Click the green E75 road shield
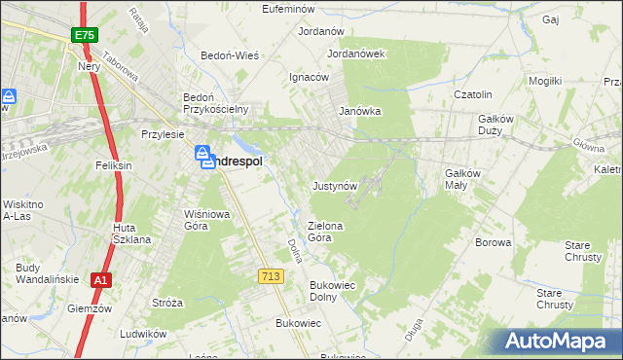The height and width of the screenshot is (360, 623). (x=84, y=35)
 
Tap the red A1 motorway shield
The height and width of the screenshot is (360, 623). (x=99, y=280)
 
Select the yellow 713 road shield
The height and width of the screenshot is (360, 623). (x=271, y=277)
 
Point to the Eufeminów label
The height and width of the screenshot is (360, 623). (x=292, y=9)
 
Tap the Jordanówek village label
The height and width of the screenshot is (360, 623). (x=357, y=54)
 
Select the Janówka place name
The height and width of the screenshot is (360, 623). (x=359, y=111)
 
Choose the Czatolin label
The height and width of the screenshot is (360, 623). (x=477, y=94)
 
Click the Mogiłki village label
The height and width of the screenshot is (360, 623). (x=545, y=81)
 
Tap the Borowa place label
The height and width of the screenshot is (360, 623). (x=493, y=242)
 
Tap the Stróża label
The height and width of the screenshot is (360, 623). (x=167, y=303)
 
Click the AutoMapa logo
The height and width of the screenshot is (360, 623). (x=559, y=342)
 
